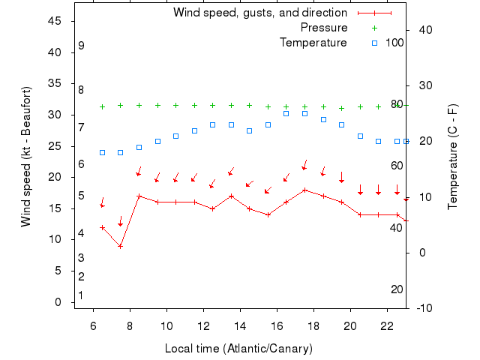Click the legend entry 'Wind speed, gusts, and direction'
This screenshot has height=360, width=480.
click(x=259, y=13)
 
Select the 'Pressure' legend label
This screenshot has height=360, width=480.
click(x=324, y=28)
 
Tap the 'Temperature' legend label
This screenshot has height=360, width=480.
click(x=313, y=43)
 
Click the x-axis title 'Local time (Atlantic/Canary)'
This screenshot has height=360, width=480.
click(x=238, y=349)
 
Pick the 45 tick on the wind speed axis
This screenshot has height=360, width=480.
click(x=54, y=21)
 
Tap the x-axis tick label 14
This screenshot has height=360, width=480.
click(x=240, y=326)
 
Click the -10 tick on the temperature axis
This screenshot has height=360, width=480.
click(x=424, y=308)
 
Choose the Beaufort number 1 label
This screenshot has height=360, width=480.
click(x=81, y=295)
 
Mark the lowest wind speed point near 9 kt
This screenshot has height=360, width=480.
click(x=120, y=246)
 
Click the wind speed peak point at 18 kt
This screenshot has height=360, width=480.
click(x=304, y=190)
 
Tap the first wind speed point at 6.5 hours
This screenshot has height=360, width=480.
click(x=102, y=227)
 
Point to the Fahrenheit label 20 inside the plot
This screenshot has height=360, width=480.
click(x=397, y=289)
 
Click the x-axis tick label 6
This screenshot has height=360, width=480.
click(x=93, y=326)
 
